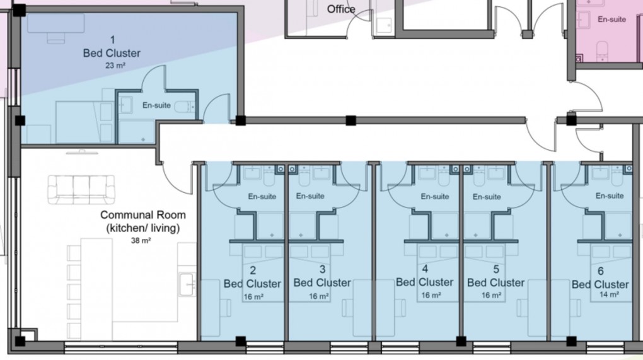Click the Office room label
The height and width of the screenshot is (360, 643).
tap(341, 9)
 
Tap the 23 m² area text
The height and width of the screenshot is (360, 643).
tap(112, 65)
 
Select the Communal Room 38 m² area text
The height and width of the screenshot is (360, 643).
tap(141, 240)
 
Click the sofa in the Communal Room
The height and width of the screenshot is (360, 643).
tap(82, 189)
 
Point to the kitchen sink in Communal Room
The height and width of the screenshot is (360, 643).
tap(187, 284)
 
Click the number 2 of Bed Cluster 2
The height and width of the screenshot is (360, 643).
tap(253, 271)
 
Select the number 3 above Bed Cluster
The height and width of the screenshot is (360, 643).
tap(322, 269)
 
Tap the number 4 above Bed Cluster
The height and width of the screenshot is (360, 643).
tap(425, 269)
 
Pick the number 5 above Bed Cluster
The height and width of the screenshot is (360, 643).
tap(495, 269)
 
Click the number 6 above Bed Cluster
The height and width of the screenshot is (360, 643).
tap(600, 270)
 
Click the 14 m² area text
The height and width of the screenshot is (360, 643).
tap(600, 295)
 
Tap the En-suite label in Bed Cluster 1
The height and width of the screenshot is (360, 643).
tap(156, 105)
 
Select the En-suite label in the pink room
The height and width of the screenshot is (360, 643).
tap(611, 20)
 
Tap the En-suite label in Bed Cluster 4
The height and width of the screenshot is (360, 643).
tap(435, 197)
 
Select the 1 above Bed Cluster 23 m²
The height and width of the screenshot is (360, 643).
tap(112, 39)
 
